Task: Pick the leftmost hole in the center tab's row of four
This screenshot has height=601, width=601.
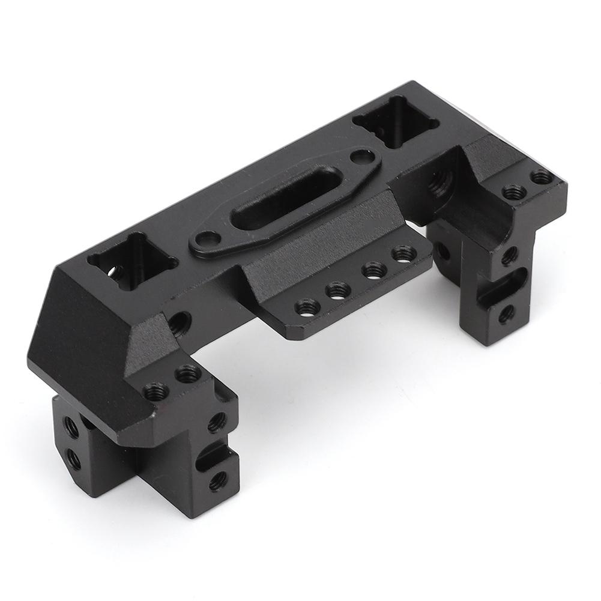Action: tap(307, 307)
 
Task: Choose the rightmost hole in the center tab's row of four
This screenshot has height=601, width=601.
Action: tap(403, 254)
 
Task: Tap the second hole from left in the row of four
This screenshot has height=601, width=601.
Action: tap(338, 291)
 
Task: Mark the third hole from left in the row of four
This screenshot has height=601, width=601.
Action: tap(373, 271)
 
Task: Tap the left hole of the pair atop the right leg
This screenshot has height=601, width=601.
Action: tap(513, 192)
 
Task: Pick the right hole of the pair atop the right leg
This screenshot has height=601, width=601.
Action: tap(542, 177)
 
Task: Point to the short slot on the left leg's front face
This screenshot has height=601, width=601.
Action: tap(211, 457)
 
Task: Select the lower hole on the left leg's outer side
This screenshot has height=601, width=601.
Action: tap(73, 460)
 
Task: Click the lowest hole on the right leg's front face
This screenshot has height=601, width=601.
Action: tap(506, 313)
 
